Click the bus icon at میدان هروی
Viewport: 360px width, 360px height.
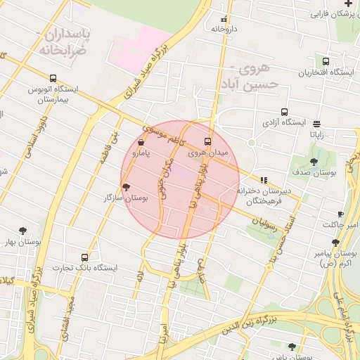pyautogui.click(x=207, y=141)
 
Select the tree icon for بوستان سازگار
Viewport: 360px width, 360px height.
pyautogui.click(x=126, y=187)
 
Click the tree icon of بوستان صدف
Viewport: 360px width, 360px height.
pyautogui.click(x=314, y=162)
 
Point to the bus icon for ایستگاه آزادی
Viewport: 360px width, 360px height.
pyautogui.click(x=284, y=112)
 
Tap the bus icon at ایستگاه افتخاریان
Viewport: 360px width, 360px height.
pyautogui.click(x=326, y=62)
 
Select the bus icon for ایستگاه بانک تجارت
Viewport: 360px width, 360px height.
pyautogui.click(x=85, y=257)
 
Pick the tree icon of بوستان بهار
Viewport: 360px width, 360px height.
pyautogui.click(x=23, y=231)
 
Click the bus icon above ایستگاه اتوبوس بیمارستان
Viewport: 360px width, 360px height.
pyautogui.click(x=51, y=78)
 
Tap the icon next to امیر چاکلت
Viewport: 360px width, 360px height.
pyautogui.click(x=341, y=214)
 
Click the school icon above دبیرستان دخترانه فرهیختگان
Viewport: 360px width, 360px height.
pyautogui.click(x=264, y=179)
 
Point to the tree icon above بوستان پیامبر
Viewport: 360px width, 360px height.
pyautogui.click(x=335, y=243)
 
